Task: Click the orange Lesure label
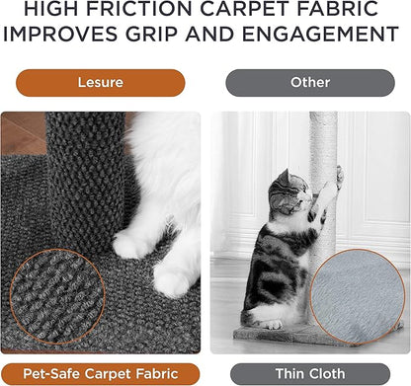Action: (100, 83)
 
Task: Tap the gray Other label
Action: (309, 83)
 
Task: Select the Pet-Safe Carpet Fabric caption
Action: (100, 373)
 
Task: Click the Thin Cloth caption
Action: (309, 373)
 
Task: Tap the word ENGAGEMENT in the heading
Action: (321, 37)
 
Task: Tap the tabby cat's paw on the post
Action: (338, 177)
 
